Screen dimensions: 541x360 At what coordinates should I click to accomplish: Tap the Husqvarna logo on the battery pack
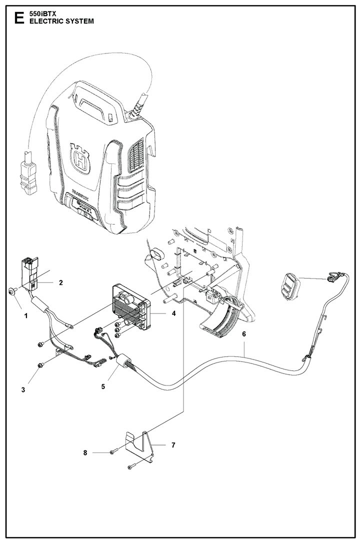80,161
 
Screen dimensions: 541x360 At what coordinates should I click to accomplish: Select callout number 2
60,282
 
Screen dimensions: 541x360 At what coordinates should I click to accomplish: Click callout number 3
22,389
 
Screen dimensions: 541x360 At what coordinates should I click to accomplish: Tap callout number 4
159,313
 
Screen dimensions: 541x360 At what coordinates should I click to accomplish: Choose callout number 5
103,386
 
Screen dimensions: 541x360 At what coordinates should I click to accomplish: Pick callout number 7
173,444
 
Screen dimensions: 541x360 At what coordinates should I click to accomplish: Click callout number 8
85,453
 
